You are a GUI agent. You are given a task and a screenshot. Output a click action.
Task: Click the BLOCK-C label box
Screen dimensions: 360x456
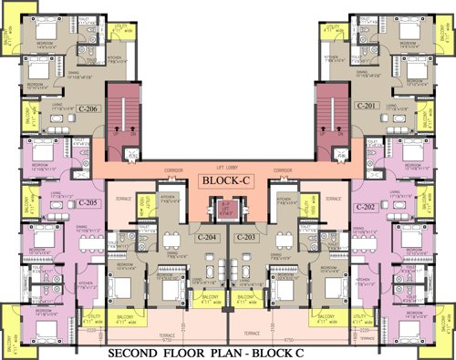(226, 181)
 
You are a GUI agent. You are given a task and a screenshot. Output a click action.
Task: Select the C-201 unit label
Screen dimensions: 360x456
(368, 106)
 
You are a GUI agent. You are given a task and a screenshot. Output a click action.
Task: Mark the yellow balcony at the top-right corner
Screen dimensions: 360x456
(446, 41)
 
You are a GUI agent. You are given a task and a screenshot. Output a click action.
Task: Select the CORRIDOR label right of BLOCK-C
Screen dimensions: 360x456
(283, 170)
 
